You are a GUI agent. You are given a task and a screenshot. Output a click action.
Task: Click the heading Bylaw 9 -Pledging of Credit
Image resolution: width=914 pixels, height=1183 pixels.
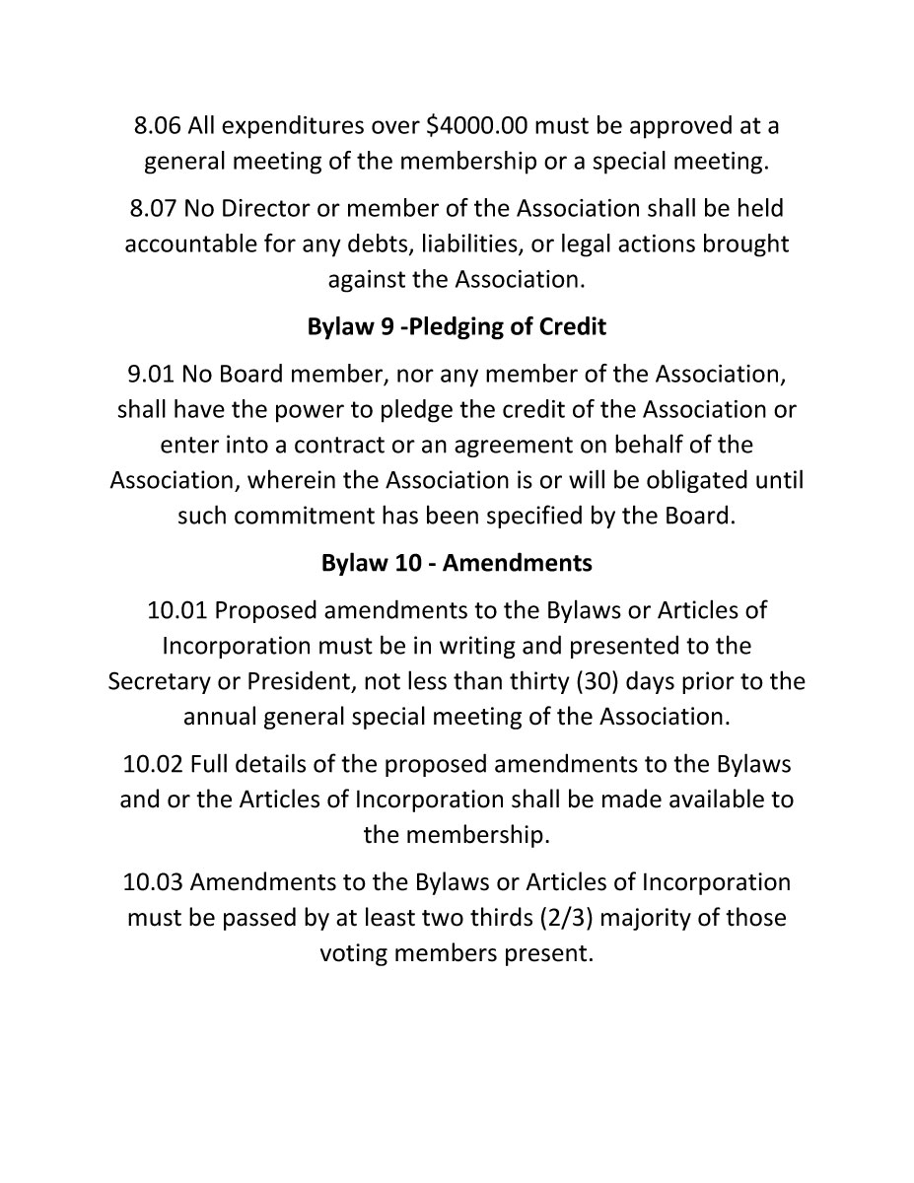pyautogui.click(x=457, y=326)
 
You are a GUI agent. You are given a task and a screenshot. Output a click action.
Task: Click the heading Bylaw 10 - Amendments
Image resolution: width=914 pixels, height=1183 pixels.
pyautogui.click(x=457, y=563)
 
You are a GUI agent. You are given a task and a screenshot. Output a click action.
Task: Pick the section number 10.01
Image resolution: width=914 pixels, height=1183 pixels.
pyautogui.click(x=177, y=610)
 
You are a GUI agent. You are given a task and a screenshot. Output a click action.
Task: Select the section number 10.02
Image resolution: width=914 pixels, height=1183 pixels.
pyautogui.click(x=153, y=764)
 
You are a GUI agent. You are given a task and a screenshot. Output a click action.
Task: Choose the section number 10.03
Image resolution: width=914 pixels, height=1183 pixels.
pyautogui.click(x=153, y=881)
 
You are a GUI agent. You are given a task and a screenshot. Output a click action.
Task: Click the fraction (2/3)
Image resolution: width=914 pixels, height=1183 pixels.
pyautogui.click(x=567, y=918)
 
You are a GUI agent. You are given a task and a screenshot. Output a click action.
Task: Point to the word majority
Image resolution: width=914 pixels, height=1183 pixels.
pyautogui.click(x=646, y=918)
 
